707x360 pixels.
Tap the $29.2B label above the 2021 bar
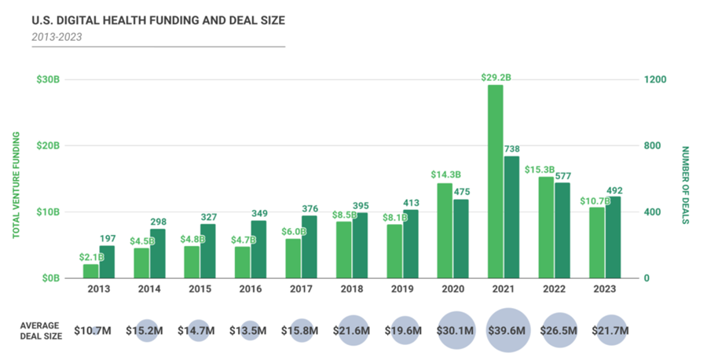(x=496, y=77)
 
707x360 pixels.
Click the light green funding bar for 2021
(x=495, y=181)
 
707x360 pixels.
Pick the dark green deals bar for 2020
(x=461, y=238)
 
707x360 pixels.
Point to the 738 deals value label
(x=512, y=149)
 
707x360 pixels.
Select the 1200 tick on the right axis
(x=655, y=80)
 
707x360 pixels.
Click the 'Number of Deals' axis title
(x=684, y=185)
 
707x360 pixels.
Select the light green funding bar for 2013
(x=91, y=270)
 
